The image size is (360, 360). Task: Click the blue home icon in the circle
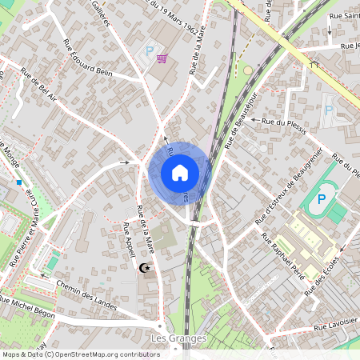tap(180, 173)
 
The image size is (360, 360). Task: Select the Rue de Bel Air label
tap(39, 88)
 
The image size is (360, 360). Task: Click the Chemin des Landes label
tap(87, 295)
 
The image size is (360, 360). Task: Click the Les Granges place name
tap(178, 338)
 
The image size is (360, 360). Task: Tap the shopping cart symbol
tap(162, 58)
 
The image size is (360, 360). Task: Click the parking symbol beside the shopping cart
tap(149, 51)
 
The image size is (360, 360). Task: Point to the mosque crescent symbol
tap(145, 268)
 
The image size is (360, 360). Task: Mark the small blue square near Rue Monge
tap(18, 182)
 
